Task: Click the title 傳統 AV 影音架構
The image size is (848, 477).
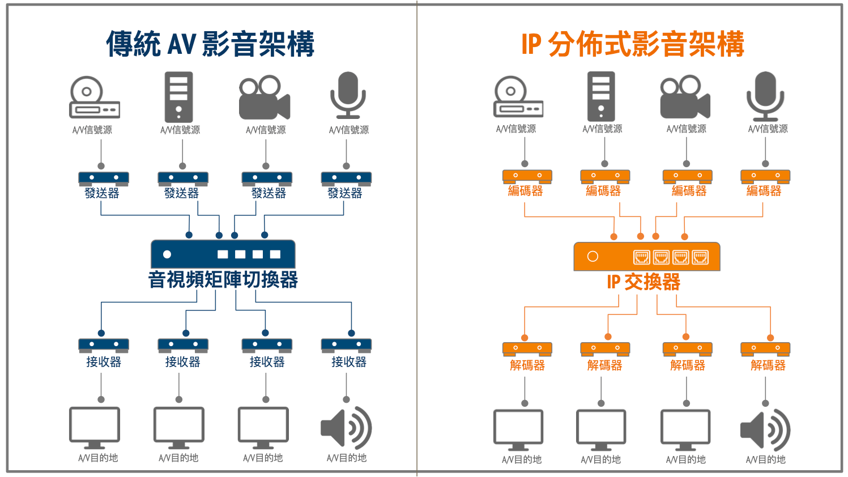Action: tap(210, 44)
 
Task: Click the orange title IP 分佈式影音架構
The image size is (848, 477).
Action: tap(633, 44)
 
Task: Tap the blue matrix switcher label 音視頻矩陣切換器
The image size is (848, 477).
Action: tap(223, 279)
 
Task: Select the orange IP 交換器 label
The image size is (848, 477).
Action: tap(644, 282)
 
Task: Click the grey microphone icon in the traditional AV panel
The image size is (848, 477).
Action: tap(348, 95)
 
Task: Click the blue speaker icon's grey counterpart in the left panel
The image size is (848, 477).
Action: tap(346, 428)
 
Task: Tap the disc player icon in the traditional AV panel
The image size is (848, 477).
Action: tap(94, 97)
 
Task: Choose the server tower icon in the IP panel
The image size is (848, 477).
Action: tap(601, 96)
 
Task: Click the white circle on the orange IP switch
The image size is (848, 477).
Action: tap(593, 257)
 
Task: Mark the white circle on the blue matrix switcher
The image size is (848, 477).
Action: tap(167, 254)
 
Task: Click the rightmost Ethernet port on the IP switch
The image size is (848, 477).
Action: tap(700, 258)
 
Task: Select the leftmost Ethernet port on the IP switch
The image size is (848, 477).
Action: tap(642, 258)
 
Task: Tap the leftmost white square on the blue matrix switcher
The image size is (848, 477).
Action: tap(223, 254)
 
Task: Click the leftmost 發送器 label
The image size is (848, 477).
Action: tap(102, 193)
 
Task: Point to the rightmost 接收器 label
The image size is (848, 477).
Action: tap(349, 362)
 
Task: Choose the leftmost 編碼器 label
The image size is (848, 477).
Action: tap(525, 191)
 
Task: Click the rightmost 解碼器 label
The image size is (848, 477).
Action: tap(768, 365)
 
